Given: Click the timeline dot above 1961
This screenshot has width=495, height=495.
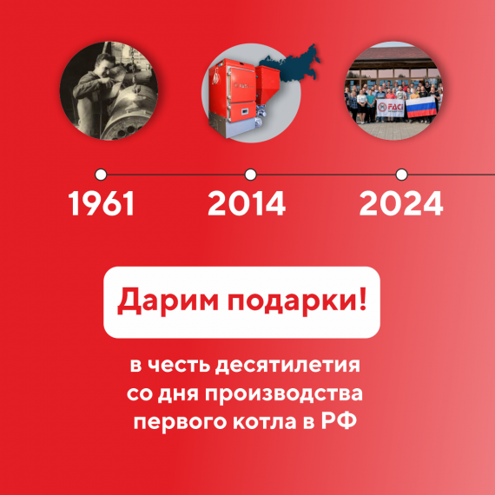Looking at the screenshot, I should click(x=101, y=174).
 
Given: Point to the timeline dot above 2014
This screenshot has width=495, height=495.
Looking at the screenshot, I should click(x=251, y=174).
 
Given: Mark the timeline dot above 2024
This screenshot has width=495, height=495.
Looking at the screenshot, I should click(x=401, y=174).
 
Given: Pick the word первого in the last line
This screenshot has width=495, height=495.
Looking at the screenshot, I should click(x=173, y=424).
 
